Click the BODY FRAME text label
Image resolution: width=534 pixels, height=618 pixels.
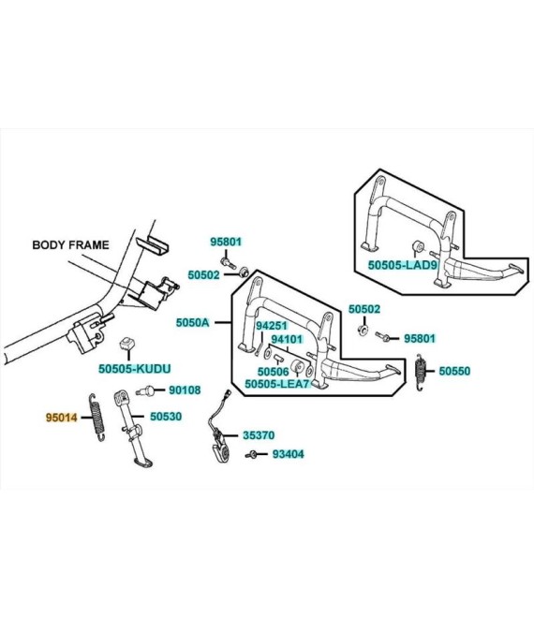point(70,244)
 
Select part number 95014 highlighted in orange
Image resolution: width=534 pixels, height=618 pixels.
point(62,417)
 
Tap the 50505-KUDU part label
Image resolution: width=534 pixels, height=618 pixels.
point(135,369)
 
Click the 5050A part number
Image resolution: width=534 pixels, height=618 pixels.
point(192,322)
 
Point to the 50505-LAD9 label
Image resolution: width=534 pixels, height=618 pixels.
point(403,265)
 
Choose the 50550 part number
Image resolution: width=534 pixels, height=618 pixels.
point(454,371)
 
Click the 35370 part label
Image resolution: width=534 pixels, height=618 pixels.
point(259,435)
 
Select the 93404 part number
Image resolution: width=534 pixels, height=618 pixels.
point(289,454)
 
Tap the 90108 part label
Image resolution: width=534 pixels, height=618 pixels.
point(185,390)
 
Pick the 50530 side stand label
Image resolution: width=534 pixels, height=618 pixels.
point(166,416)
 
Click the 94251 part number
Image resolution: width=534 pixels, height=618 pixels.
point(272,326)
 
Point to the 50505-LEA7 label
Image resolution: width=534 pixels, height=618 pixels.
point(277,384)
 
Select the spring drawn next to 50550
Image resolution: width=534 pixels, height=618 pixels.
point(422,372)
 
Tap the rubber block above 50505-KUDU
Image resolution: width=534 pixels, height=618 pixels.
point(127,344)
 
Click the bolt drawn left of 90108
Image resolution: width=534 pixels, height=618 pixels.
point(144,390)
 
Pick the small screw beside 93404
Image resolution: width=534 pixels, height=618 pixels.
point(251,454)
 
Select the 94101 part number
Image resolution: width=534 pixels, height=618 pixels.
point(287,339)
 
